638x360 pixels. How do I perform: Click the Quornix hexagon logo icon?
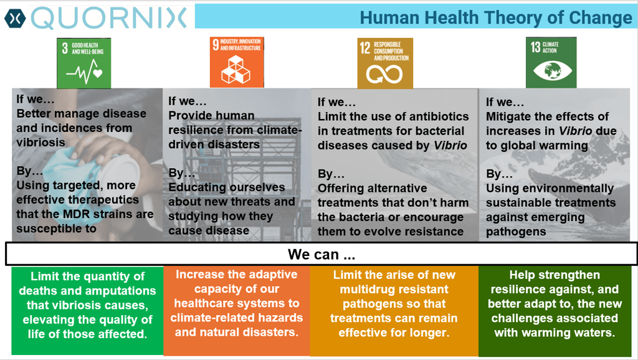pyautogui.click(x=15, y=18)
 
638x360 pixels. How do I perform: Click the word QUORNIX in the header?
pyautogui.click(x=108, y=18)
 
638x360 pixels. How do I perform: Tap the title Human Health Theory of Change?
pyautogui.click(x=496, y=17)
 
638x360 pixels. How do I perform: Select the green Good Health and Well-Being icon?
pyautogui.click(x=84, y=63)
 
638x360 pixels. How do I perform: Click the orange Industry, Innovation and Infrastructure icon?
pyautogui.click(x=237, y=62)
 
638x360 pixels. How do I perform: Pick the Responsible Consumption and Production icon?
pyautogui.click(x=385, y=63)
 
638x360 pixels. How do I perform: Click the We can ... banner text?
pyautogui.click(x=321, y=254)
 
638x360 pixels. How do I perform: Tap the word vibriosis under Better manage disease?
pyautogui.click(x=40, y=143)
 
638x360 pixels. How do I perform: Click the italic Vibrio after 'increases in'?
pyautogui.click(x=575, y=131)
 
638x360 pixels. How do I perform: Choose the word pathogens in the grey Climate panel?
pyautogui.click(x=516, y=232)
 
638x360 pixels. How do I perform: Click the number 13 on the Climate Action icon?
pyautogui.click(x=535, y=47)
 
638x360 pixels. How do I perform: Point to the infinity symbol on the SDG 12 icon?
pyautogui.click(x=384, y=74)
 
